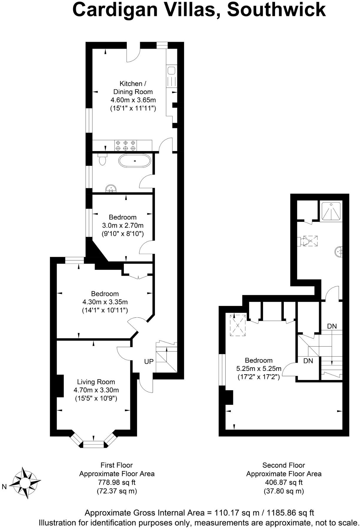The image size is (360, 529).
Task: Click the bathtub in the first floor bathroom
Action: (135, 161)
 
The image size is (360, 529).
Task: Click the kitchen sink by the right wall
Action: (171, 71)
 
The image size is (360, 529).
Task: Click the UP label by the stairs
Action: (149, 361)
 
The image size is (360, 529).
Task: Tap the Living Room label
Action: (96, 382)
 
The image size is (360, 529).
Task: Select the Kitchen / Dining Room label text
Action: (133, 88)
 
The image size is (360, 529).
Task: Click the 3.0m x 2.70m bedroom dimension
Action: (123, 225)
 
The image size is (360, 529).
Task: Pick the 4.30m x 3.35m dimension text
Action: (105, 302)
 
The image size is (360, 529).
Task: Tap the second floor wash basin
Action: (339, 252)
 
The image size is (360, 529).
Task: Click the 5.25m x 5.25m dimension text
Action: (259, 369)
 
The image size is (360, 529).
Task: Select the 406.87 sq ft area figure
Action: (284, 482)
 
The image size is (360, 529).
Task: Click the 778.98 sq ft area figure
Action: (117, 482)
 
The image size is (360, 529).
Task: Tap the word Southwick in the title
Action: (276, 9)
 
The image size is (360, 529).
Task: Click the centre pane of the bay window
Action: (94, 444)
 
